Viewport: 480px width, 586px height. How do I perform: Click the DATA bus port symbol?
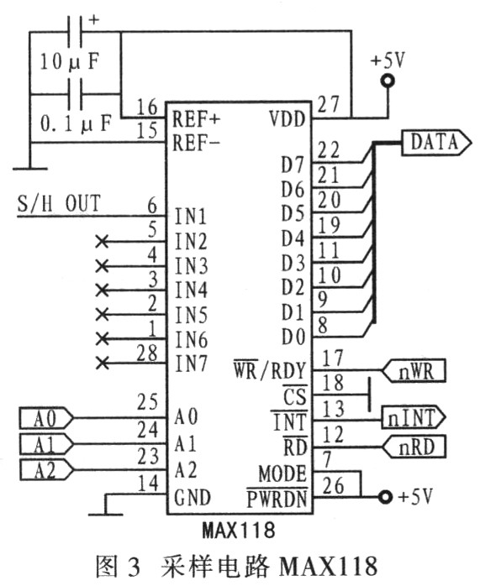[x=435, y=143]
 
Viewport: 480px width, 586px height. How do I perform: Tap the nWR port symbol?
[x=414, y=371]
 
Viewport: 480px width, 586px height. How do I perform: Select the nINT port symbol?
[x=414, y=417]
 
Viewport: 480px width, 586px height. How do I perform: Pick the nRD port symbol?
[x=414, y=447]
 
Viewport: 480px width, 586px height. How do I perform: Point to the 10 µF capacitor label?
[x=70, y=61]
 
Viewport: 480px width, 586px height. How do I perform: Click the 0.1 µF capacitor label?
[x=76, y=123]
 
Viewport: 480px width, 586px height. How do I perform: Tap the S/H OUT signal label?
[x=59, y=204]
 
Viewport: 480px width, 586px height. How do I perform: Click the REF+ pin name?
[x=196, y=119]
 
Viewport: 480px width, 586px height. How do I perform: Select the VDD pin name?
[x=287, y=119]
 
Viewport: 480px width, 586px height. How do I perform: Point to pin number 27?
[x=328, y=104]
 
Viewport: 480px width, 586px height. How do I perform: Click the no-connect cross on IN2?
[x=102, y=242]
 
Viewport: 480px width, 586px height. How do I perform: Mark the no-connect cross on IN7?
[x=102, y=363]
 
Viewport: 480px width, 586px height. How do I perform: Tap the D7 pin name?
[x=293, y=165]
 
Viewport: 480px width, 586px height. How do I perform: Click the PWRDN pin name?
[x=277, y=498]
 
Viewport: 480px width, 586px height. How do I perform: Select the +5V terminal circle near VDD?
[x=388, y=81]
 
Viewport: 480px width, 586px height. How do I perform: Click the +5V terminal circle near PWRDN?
[x=385, y=497]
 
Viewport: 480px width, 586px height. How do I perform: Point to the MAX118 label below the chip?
[x=238, y=530]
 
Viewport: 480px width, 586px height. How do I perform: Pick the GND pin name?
[x=193, y=497]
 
